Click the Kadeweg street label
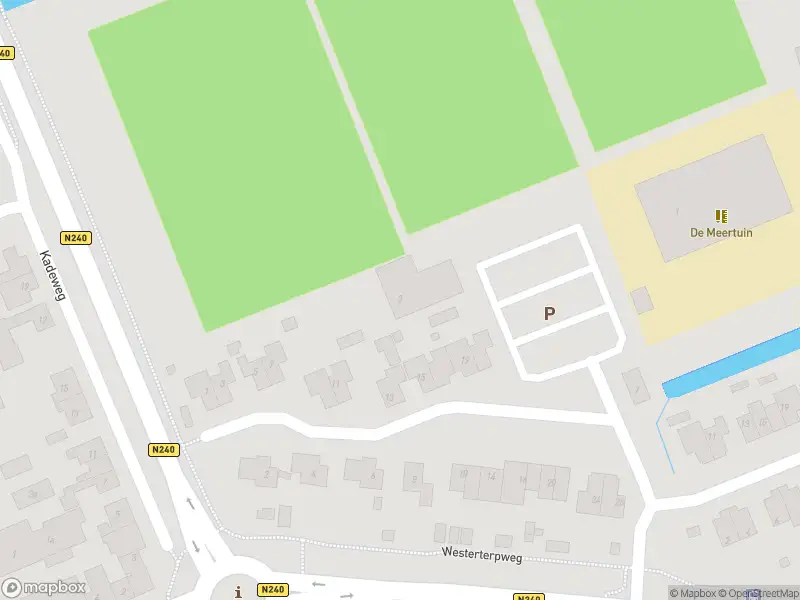[51, 276]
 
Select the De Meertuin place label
[721, 232]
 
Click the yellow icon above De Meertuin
[721, 215]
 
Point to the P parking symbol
[549, 313]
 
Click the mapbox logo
[44, 588]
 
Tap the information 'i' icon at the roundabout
[238, 592]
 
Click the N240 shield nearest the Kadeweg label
[75, 238]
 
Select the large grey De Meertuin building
[700, 195]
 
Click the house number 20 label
[551, 480]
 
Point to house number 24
[596, 500]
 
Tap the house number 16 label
[522, 479]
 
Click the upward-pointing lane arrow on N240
[191, 503]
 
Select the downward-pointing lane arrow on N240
[196, 546]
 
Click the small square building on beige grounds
[641, 299]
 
